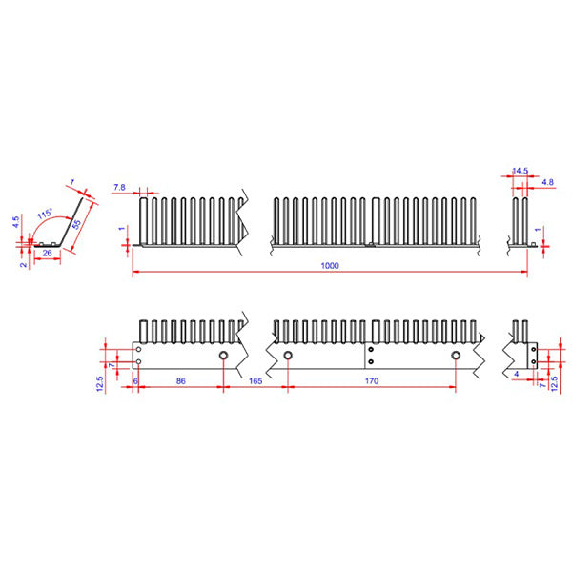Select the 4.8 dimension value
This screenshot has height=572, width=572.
pos(547,181)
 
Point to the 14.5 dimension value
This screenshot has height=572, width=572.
pos(521,172)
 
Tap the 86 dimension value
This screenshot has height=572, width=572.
pos(181,380)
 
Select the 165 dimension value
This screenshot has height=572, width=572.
pos(255,380)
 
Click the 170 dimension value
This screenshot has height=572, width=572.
pos(372,380)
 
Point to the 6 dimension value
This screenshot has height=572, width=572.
pos(135,380)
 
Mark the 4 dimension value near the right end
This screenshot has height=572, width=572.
pos(516,375)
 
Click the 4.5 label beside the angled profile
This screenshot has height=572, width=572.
pos(15,221)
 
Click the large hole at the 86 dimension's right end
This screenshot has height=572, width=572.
pos(223,356)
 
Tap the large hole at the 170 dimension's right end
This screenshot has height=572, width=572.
pos(456,356)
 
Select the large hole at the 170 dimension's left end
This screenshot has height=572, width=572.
pos(288,356)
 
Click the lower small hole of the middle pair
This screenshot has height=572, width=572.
pos(370,361)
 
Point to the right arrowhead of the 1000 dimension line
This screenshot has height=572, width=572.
pos(525,273)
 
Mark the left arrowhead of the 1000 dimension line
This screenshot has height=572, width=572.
pos(134,273)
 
